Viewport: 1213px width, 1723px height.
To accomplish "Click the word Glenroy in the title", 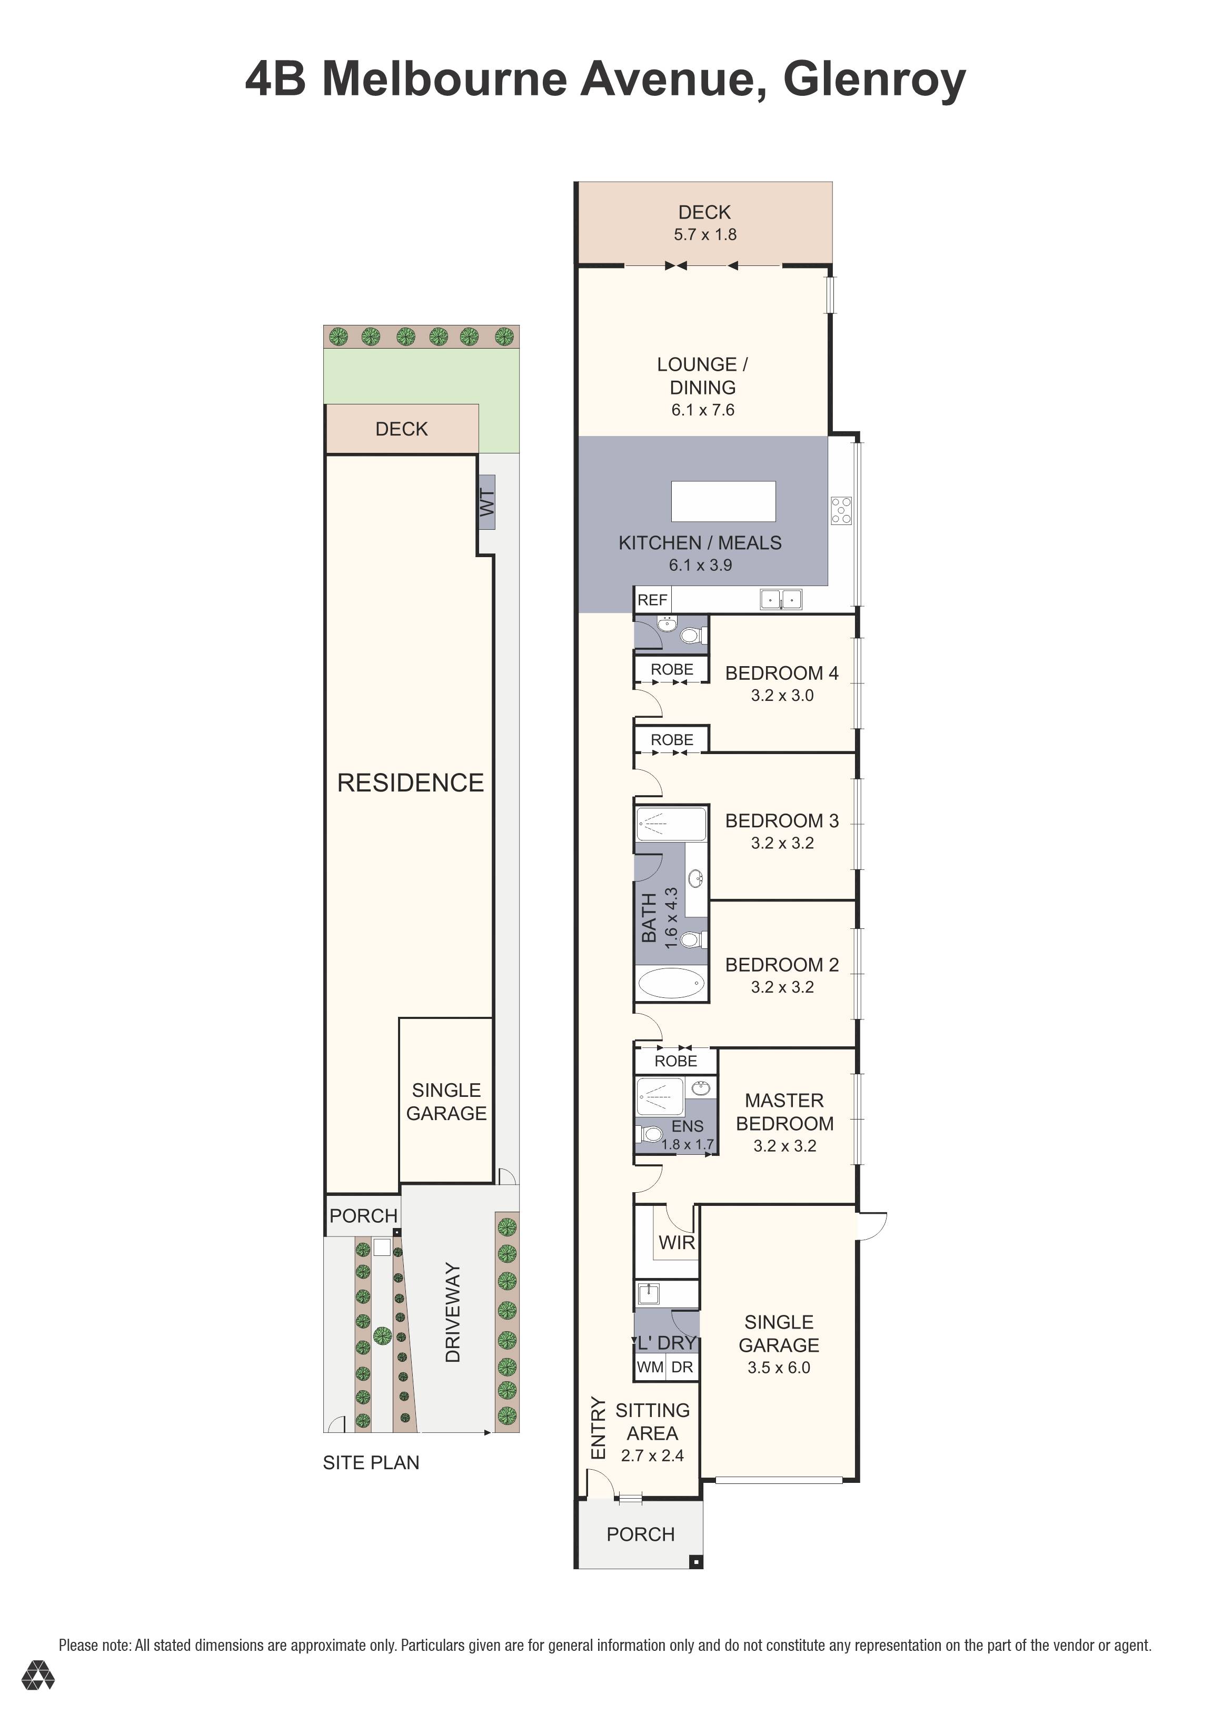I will pos(874,80).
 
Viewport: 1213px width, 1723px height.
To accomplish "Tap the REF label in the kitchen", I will pos(652,600).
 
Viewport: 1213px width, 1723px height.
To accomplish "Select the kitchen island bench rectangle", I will pos(722,501).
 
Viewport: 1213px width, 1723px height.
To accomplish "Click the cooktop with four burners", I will pos(841,510).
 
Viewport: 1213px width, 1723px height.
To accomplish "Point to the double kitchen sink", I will pos(781,599).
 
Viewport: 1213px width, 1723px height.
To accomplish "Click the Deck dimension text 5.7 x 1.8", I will pos(704,234).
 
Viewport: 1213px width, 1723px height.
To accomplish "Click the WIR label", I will pos(676,1242).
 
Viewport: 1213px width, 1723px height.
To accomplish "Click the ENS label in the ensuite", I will pos(687,1126).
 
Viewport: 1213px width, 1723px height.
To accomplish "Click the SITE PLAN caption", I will pos(371,1462).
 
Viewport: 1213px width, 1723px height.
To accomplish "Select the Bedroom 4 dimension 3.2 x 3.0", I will pos(782,695).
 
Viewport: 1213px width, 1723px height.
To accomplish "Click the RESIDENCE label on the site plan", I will pos(410,783).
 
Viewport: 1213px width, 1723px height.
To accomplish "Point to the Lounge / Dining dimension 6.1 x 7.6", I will pos(702,410).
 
